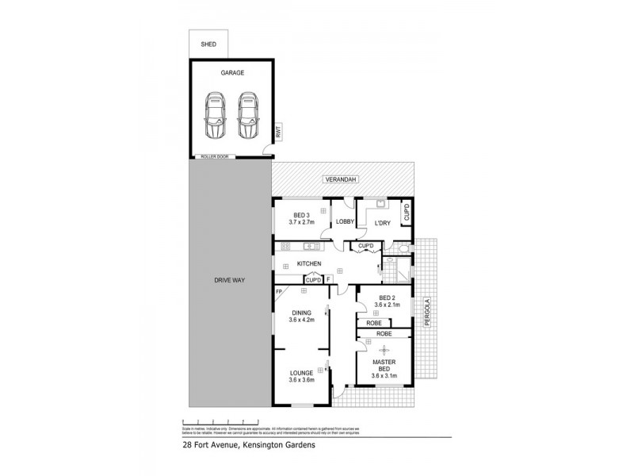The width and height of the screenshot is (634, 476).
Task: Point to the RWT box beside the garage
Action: pos(278,135)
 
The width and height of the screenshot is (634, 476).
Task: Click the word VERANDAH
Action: pos(341,181)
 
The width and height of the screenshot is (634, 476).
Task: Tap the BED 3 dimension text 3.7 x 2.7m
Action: pos(301,223)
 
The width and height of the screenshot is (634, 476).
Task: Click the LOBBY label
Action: pos(344,222)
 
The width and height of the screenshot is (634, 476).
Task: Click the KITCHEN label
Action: pos(308,263)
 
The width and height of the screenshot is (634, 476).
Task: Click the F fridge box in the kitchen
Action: pos(327,279)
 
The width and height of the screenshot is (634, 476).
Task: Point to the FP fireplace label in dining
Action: pos(279,293)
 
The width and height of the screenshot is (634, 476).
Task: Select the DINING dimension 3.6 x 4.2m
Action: pos(300,321)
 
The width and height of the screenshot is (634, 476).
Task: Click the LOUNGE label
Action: pos(301,373)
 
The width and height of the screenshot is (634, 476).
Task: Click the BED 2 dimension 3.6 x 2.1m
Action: pos(386,304)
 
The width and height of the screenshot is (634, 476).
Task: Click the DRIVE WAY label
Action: pos(228,281)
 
